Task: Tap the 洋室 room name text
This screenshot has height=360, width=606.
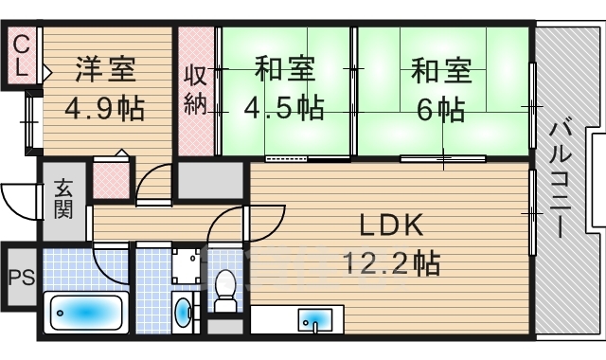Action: point(106,71)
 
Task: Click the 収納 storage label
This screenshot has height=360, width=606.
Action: point(196,91)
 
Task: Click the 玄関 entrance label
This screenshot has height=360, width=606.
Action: point(63,200)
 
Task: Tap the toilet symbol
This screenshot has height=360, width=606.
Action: point(225,289)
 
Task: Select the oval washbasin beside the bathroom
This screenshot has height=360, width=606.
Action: point(182,310)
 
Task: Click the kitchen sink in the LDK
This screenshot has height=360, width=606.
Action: point(314,318)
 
